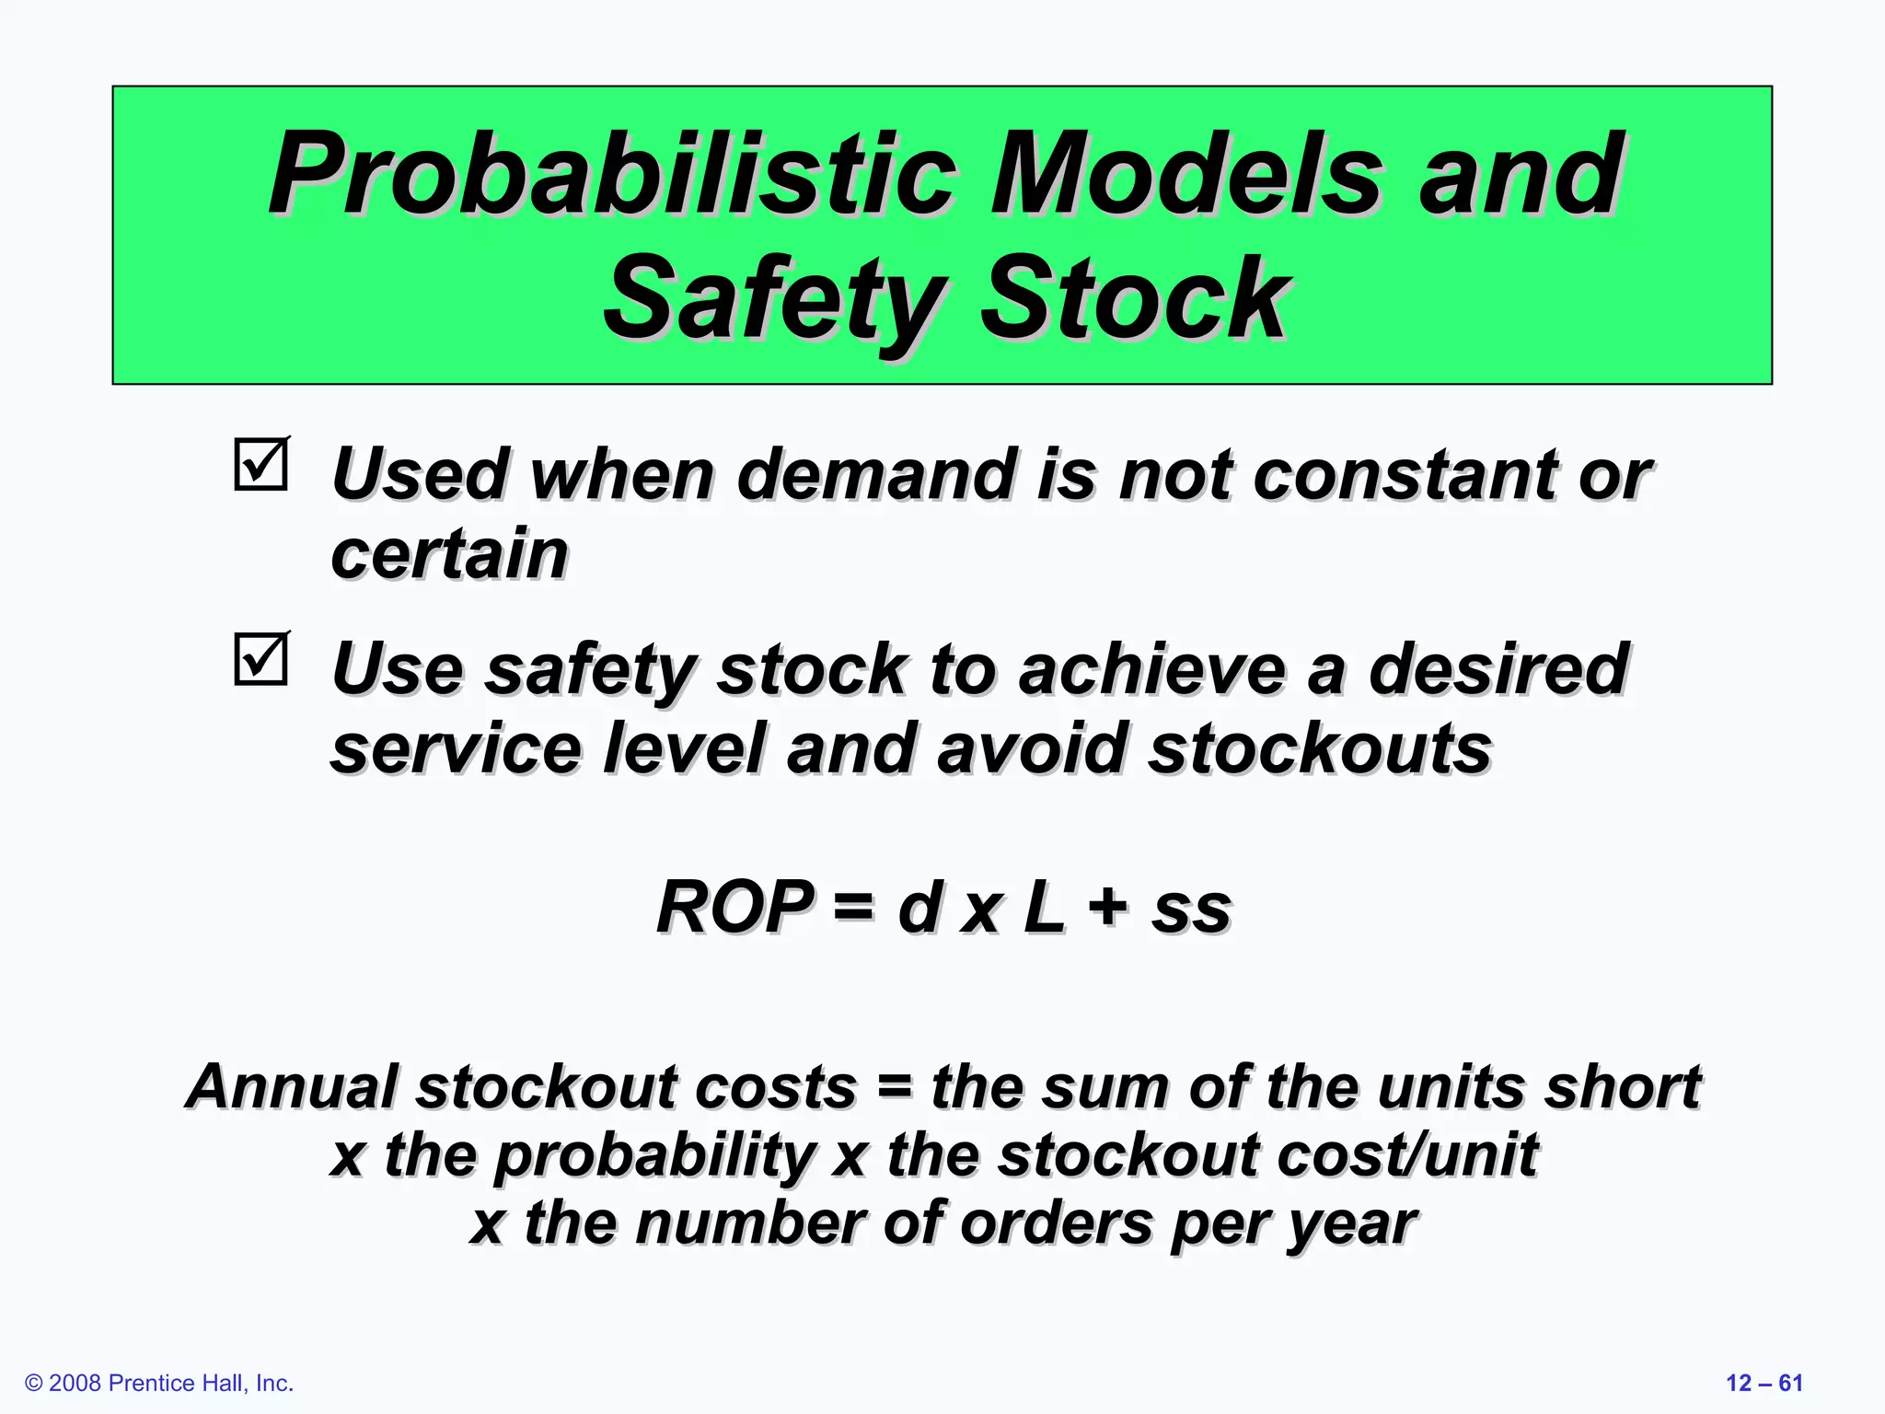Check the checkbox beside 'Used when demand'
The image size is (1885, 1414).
261,465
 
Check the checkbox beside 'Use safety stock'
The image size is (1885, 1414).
261,659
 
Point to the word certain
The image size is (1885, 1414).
449,555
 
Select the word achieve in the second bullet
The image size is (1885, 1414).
1151,669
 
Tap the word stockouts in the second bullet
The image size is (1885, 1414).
1320,748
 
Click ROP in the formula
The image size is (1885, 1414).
734,908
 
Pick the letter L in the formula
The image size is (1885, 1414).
1043,908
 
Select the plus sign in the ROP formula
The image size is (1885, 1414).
1107,906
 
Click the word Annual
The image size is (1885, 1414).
292,1087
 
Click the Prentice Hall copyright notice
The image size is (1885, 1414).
159,1383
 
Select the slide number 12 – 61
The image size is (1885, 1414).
1764,1383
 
